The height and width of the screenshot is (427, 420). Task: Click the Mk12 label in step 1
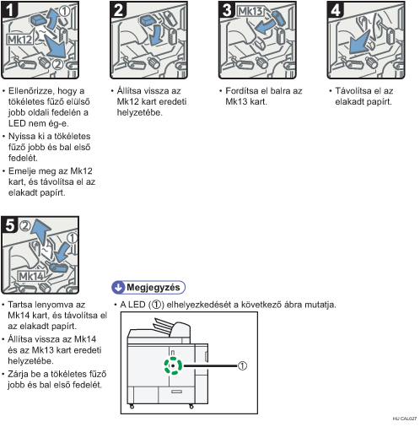[x=19, y=40]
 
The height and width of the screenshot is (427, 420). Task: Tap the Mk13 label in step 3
[x=250, y=11]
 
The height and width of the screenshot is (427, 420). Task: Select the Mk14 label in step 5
[x=31, y=276]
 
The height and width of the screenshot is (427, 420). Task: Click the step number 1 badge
[x=9, y=10]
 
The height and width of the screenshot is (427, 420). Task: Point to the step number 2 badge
[x=118, y=10]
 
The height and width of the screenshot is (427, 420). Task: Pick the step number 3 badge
[x=227, y=10]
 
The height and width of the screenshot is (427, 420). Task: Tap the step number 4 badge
[x=335, y=10]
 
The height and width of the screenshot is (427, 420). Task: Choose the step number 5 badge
[x=9, y=224]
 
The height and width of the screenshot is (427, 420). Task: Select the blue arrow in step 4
[x=359, y=43]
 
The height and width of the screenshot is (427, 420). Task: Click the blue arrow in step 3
[x=265, y=27]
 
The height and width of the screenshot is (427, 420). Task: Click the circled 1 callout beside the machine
[x=242, y=365]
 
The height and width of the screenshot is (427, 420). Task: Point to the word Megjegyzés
[x=153, y=287]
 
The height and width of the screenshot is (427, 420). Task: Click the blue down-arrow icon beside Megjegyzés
[x=118, y=287]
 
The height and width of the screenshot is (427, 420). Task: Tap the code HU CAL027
[x=405, y=419]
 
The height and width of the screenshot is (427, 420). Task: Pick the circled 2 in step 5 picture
[x=25, y=226]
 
